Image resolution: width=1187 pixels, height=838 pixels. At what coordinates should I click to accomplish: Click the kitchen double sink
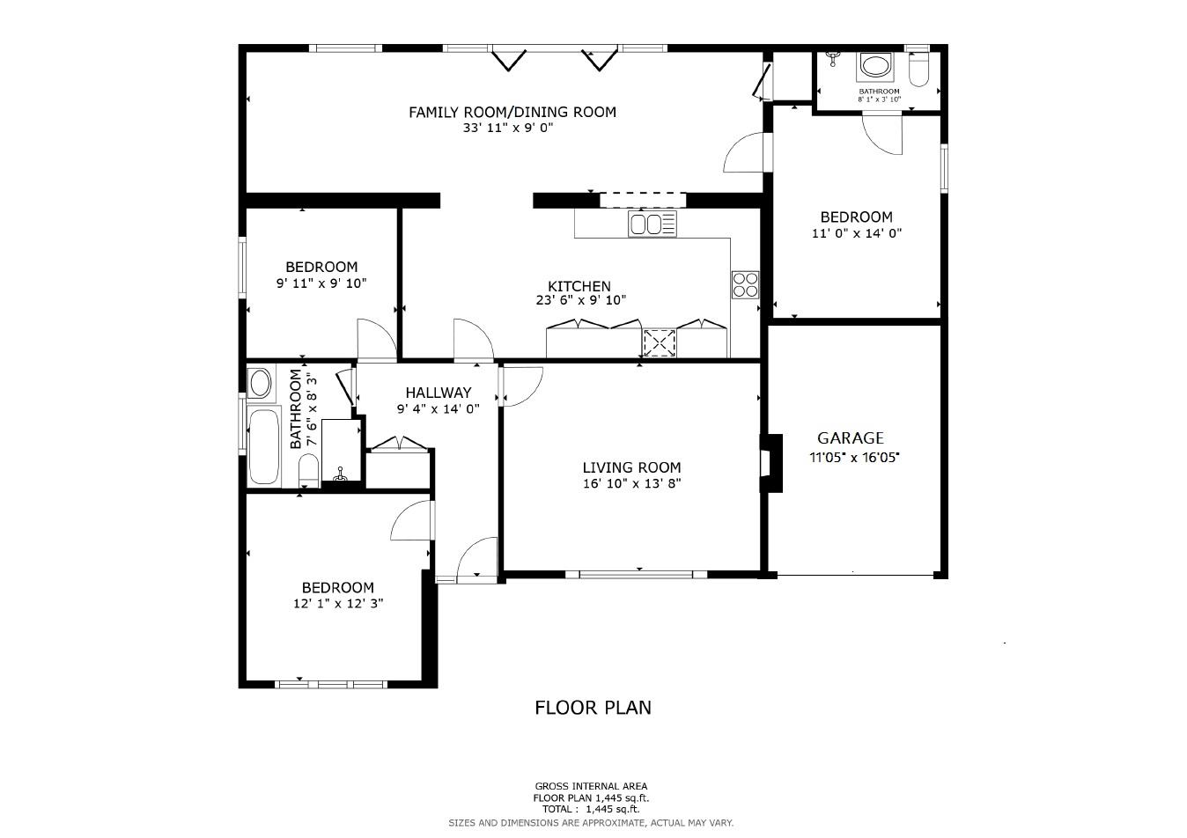[652, 224]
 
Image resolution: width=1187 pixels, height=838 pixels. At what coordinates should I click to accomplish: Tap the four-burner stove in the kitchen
[745, 284]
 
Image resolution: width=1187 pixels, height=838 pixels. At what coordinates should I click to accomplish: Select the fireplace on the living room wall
[771, 463]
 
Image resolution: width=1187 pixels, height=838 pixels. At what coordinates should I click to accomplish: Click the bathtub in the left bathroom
[263, 447]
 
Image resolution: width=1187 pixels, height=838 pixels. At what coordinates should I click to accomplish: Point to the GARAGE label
[850, 437]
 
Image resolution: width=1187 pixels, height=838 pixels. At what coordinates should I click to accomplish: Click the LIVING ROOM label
[631, 467]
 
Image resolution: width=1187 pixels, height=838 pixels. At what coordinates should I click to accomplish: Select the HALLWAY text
[438, 393]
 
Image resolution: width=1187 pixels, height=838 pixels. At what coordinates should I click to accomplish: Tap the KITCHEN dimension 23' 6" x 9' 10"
[580, 300]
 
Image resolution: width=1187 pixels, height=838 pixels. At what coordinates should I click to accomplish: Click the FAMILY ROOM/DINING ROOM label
[512, 112]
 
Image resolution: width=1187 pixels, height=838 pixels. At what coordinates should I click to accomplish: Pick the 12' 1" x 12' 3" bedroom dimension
[338, 604]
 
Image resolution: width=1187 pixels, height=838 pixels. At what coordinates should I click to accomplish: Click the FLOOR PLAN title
[593, 707]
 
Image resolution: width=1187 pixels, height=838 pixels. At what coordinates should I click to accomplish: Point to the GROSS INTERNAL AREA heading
[591, 786]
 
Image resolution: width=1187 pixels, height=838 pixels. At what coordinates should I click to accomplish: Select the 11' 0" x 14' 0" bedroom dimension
[856, 233]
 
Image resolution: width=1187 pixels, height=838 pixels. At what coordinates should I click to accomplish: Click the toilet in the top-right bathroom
[918, 70]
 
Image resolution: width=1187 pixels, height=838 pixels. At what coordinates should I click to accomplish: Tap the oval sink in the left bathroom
[260, 384]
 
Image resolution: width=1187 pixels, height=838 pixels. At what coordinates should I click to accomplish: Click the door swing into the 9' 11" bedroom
[373, 338]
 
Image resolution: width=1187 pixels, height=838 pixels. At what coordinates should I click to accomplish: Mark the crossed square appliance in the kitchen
[659, 342]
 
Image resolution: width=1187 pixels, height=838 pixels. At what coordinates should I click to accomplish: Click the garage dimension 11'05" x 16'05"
[854, 458]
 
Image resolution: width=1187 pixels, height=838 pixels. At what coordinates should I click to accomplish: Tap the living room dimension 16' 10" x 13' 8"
[631, 483]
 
